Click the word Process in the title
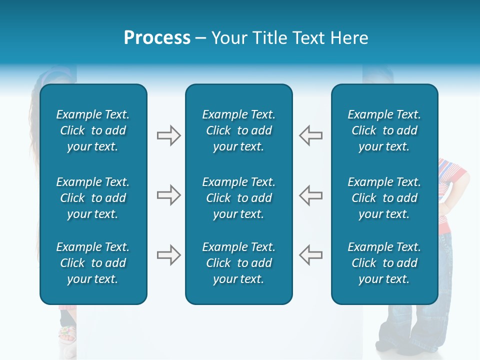157,38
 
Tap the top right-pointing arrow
168,135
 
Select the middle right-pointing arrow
168,195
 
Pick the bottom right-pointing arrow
168,255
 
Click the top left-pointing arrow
310,135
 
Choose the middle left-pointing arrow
310,195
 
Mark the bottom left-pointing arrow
310,255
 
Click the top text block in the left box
93,130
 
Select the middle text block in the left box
93,198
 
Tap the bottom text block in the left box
93,263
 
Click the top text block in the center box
238,130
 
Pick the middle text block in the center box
238,198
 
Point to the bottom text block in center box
238,263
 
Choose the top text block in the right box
384,130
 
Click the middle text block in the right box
384,198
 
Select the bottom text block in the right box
384,263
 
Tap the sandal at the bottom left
67,334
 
